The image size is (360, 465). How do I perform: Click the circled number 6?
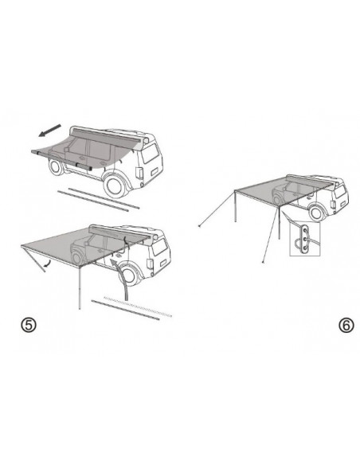click(x=344, y=326)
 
